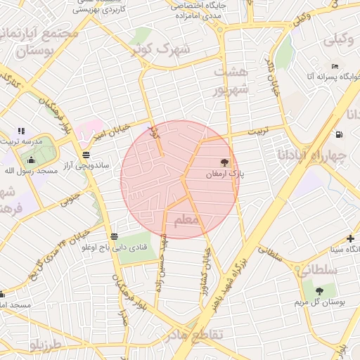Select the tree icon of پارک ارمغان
[225, 162]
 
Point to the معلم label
[186, 222]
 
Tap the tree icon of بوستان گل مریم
[319, 290]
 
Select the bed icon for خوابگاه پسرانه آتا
[335, 66]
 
